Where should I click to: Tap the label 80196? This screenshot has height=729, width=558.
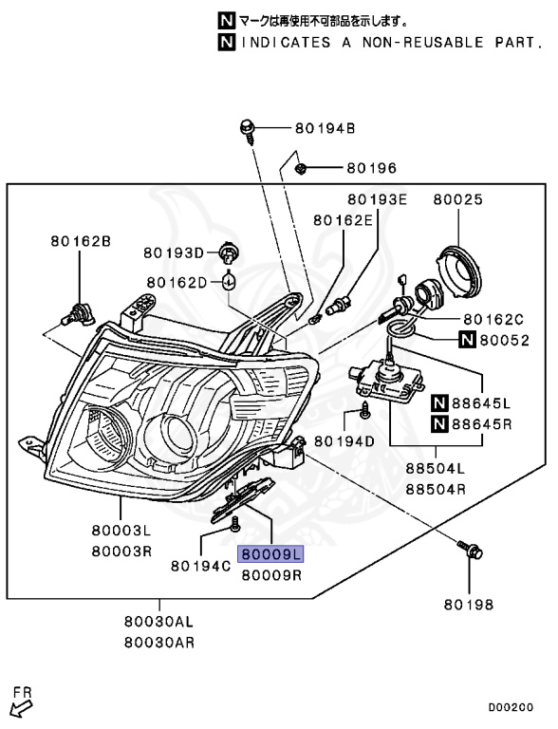tap(370, 168)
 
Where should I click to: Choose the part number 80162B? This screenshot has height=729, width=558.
tap(81, 242)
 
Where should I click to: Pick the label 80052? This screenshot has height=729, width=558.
tap(503, 340)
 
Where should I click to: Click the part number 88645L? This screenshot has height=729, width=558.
tap(494, 402)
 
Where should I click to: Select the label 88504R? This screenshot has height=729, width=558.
tap(435, 490)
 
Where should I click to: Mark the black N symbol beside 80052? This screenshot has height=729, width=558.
tap(467, 340)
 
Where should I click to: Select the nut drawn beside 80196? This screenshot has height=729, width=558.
tap(300, 169)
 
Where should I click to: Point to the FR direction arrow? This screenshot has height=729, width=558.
tap(20, 705)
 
